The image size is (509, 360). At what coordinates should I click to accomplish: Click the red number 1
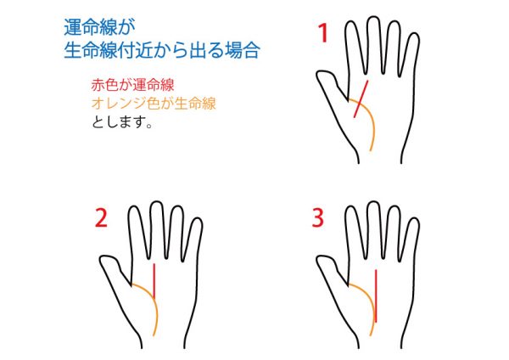[x=322, y=33]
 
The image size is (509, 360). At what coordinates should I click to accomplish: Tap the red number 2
[x=101, y=217]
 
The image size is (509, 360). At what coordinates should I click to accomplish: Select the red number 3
[x=318, y=217]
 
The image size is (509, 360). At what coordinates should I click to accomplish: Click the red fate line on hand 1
[x=361, y=99]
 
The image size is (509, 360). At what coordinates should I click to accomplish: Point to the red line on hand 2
[x=154, y=281]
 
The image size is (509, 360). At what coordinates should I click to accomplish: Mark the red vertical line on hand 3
[x=376, y=295]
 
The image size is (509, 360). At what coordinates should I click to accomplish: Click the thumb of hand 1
[x=331, y=85]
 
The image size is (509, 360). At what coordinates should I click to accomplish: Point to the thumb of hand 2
[x=115, y=270]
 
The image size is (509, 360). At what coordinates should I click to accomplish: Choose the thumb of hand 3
[x=331, y=270]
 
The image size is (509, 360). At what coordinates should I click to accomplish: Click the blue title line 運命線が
[x=99, y=27]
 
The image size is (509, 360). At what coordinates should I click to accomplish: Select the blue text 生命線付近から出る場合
[x=162, y=50]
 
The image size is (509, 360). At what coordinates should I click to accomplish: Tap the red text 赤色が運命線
[x=133, y=85]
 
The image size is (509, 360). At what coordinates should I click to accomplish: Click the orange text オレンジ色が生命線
[x=154, y=104]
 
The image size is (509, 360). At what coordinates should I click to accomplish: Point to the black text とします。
[x=122, y=122]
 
